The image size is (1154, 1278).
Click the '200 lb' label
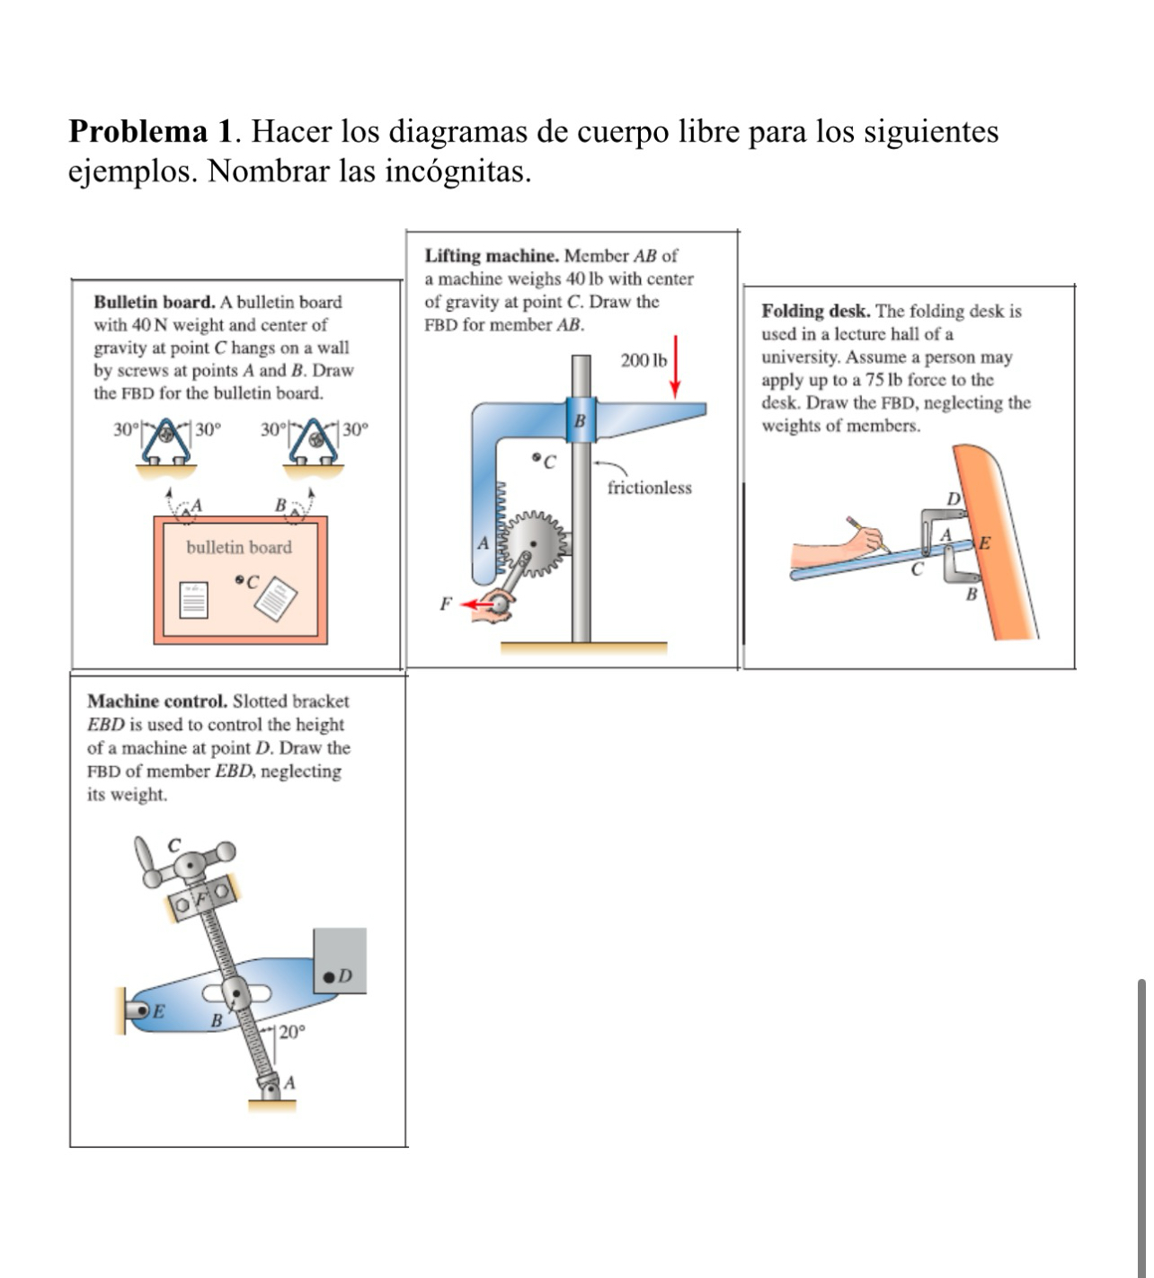644,360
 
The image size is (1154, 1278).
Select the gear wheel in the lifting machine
542,542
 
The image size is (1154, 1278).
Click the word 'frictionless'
649,488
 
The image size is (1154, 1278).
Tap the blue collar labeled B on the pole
580,419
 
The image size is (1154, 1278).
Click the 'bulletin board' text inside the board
239,547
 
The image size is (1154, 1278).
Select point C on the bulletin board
240,581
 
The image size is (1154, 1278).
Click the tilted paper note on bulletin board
276,599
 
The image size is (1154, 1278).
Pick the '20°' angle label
291,1032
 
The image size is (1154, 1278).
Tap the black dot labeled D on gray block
330,975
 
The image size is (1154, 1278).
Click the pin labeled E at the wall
141,1011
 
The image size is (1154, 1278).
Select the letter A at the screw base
288,1083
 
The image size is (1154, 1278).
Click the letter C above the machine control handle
175,844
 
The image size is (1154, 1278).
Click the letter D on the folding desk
954,498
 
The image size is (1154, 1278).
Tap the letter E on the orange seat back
984,542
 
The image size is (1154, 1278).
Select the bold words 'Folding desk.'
815,311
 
